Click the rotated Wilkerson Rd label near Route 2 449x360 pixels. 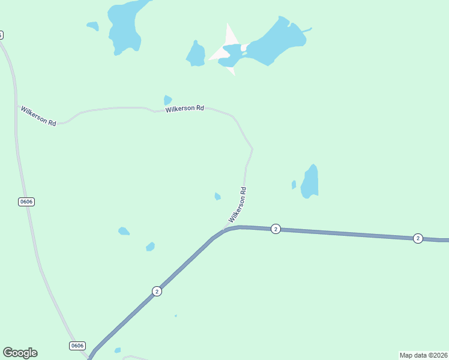[238, 205]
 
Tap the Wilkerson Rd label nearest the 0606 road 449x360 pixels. [38, 116]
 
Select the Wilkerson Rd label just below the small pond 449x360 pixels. [185, 109]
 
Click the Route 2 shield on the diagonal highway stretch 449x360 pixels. [157, 291]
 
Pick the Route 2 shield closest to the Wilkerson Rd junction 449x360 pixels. [276, 229]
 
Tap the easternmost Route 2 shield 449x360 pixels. [418, 238]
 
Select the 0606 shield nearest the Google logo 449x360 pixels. [77, 346]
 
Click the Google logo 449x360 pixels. [20, 353]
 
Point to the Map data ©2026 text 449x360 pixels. [423, 355]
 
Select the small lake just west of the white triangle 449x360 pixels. [196, 55]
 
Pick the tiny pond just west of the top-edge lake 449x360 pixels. [93, 26]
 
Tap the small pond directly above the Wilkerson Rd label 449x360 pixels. [167, 100]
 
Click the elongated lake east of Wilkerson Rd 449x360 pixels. [310, 181]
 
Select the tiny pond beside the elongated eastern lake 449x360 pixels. [294, 185]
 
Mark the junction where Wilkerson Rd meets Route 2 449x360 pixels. [224, 230]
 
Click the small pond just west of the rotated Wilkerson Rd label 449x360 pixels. [217, 196]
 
